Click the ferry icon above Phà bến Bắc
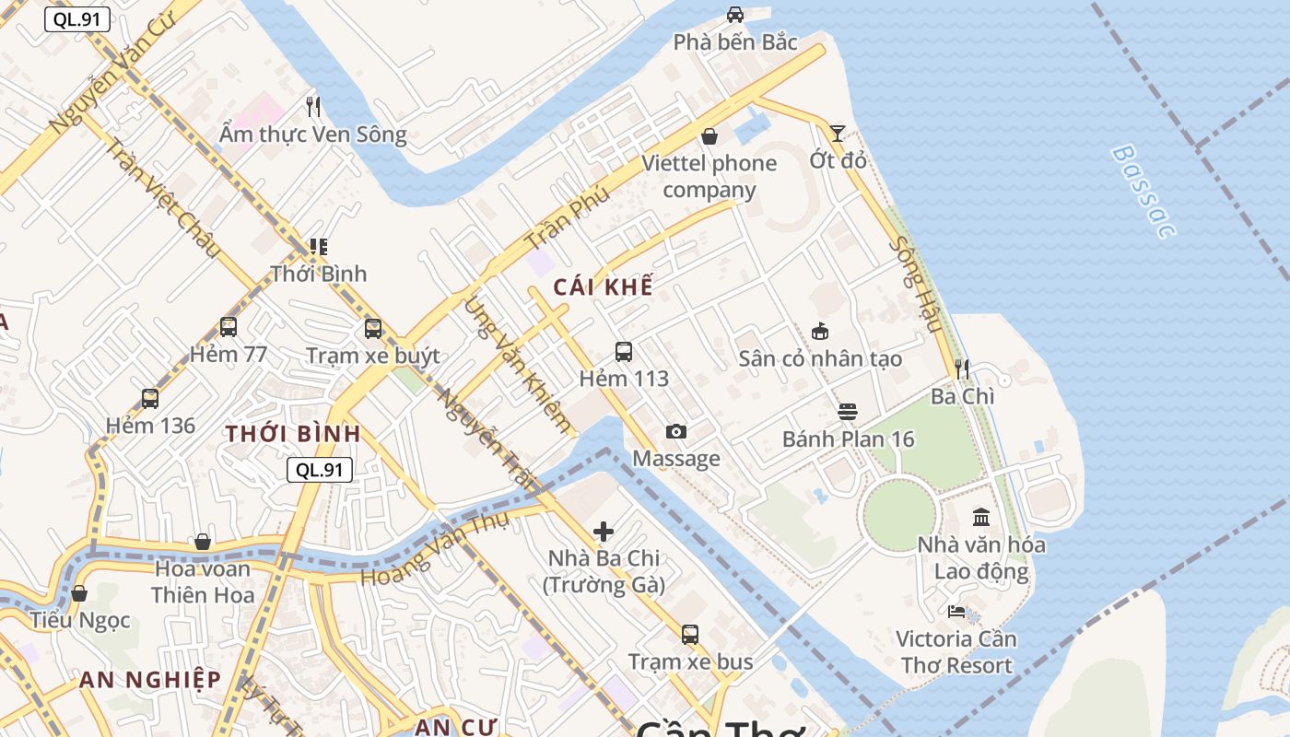(x=734, y=15)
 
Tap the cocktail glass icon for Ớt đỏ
(x=837, y=134)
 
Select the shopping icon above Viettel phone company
(x=709, y=136)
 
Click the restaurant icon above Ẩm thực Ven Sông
(x=313, y=107)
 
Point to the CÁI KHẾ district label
(x=603, y=287)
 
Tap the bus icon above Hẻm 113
(x=624, y=352)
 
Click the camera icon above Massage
(x=675, y=432)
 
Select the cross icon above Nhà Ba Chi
(x=604, y=532)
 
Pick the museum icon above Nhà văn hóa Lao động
(x=981, y=518)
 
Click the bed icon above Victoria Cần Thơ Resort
(x=956, y=612)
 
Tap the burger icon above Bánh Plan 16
(x=848, y=412)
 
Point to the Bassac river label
(x=1143, y=191)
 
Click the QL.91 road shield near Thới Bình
(x=320, y=470)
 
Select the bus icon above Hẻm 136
(x=150, y=399)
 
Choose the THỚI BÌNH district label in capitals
(x=293, y=434)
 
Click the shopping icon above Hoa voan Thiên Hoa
(x=203, y=542)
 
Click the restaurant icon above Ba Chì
(x=962, y=369)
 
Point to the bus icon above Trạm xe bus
(x=690, y=635)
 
